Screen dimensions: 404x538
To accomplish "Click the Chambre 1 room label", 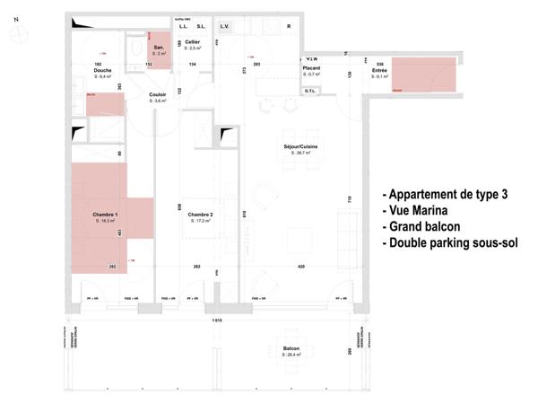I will coord(106,215).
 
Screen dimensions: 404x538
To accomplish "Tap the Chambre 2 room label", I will coord(200,215).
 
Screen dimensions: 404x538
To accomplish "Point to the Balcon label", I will coord(291,349).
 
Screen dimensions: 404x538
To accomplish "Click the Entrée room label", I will coord(380,71).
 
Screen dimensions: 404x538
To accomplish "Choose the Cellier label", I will coord(192,42).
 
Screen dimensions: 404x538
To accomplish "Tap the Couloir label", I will coord(160,95).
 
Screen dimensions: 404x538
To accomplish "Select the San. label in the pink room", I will coord(159,48).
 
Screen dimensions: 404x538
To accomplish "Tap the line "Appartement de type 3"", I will coord(449,193).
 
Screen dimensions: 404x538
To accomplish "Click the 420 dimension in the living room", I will coord(301,267).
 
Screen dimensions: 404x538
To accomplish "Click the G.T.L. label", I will coord(310,91).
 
